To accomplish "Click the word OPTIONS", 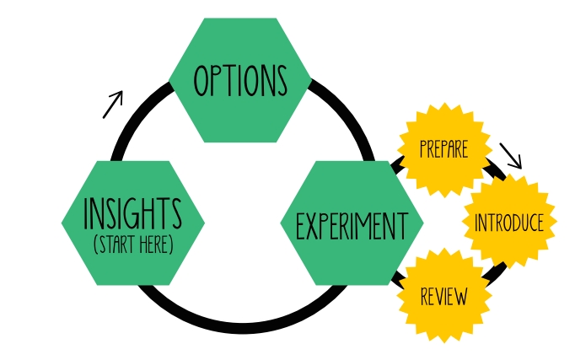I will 240,81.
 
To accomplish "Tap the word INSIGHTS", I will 132,215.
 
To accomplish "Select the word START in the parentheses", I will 116,245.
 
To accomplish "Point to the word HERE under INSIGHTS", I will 153,245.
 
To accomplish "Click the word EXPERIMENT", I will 352,226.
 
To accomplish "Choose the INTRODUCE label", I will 509,223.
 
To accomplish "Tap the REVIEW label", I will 443,297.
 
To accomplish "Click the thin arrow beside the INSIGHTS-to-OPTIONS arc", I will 113,104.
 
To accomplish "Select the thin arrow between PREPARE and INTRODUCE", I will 511,155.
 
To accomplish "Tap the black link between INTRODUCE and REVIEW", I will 497,271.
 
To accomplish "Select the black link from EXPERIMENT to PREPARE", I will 397,165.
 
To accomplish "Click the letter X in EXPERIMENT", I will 310,226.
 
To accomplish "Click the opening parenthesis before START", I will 95,245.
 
